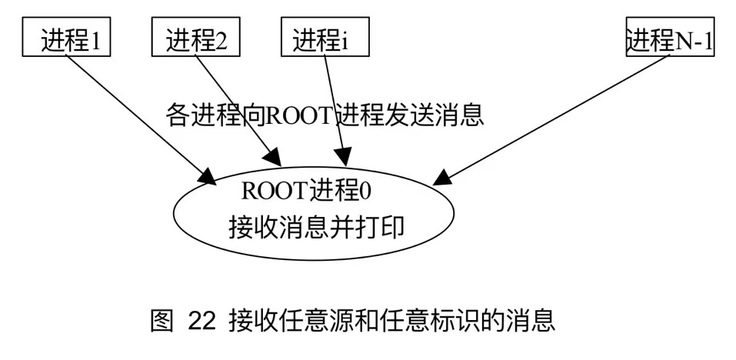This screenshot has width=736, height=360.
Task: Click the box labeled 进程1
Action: click(68, 38)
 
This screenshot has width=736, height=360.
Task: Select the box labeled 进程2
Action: click(195, 38)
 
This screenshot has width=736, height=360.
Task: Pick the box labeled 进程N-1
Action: click(669, 38)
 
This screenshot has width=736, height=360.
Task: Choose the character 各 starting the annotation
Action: click(177, 116)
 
